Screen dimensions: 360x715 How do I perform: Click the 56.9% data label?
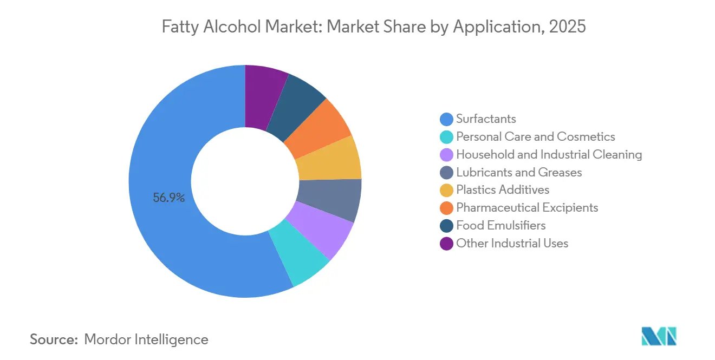pyautogui.click(x=169, y=198)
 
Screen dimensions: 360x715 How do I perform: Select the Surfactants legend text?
pyautogui.click(x=486, y=119)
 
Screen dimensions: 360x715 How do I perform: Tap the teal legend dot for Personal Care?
pyautogui.click(x=447, y=137)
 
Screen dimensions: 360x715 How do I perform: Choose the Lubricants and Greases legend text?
pyautogui.click(x=519, y=173)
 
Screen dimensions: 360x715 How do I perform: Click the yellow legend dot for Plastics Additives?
pyautogui.click(x=447, y=190)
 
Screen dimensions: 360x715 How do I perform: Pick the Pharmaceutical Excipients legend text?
pyautogui.click(x=527, y=208)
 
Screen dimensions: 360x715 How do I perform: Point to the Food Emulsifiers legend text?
pyautogui.click(x=501, y=226)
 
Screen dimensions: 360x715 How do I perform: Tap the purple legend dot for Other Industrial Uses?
pyautogui.click(x=447, y=244)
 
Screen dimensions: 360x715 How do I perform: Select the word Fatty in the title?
pyautogui.click(x=180, y=27)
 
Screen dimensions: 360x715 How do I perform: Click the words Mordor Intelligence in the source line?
pyautogui.click(x=146, y=339)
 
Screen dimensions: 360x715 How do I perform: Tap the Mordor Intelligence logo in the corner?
pyautogui.click(x=659, y=336)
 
